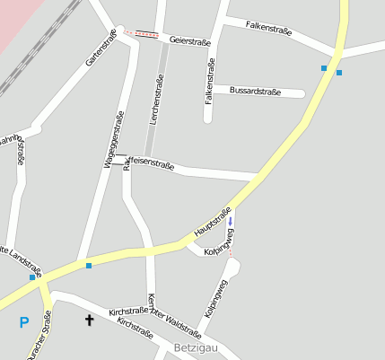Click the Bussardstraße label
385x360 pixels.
click(x=255, y=92)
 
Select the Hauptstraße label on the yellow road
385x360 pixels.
click(x=213, y=221)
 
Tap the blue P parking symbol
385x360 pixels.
click(x=23, y=321)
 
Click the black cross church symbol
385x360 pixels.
click(x=89, y=319)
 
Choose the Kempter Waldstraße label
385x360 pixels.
click(x=173, y=314)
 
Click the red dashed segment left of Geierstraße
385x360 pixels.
click(x=142, y=33)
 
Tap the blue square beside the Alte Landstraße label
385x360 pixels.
click(x=32, y=277)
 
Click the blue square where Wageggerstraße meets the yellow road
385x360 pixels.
click(x=88, y=265)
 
